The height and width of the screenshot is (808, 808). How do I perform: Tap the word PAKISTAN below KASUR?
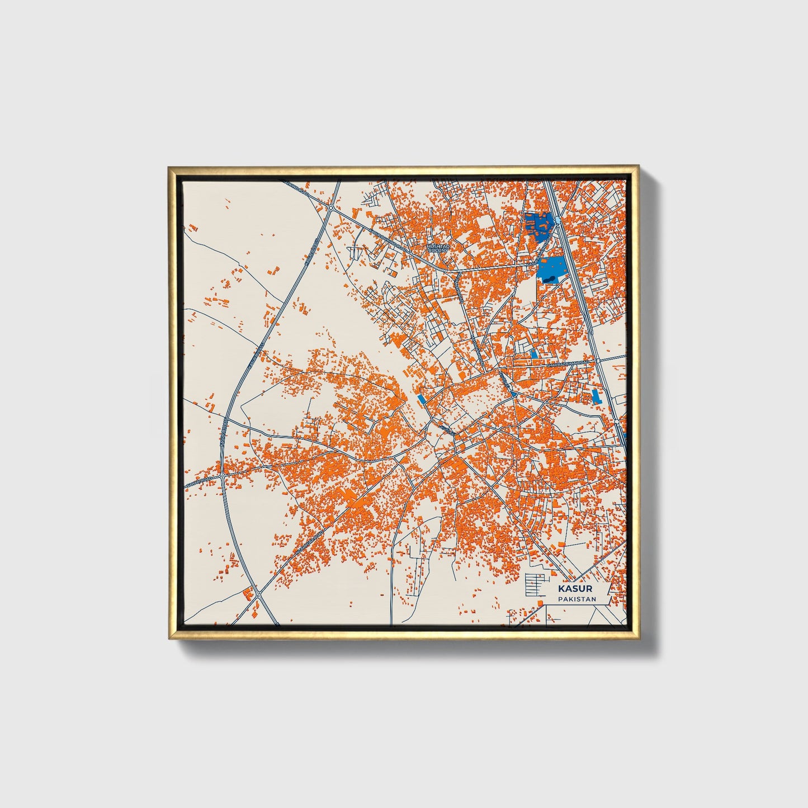click(x=576, y=599)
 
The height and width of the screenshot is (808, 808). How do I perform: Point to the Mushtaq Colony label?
click(x=438, y=247)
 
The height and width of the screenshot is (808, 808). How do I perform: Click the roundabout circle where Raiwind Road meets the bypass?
click(x=331, y=207)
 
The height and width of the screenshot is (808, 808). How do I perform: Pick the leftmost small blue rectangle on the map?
click(x=420, y=399)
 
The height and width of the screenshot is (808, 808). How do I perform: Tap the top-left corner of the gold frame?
click(x=169, y=167)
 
